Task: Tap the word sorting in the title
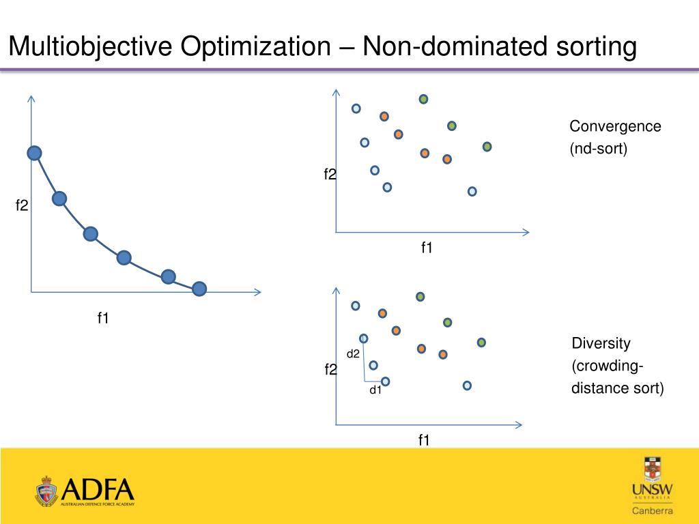pos(592,47)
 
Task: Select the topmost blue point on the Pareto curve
pos(34,154)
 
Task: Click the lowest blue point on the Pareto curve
pos(199,289)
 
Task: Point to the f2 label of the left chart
pos(22,205)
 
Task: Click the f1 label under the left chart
pos(103,317)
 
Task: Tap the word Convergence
pos(615,126)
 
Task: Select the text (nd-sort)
pos(598,148)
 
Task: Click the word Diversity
pos(601,343)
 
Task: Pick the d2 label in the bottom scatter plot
pos(353,353)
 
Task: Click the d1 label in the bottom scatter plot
pos(375,390)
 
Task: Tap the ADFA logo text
pos(98,489)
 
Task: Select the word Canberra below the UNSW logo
pos(652,511)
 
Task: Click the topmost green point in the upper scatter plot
pos(423,99)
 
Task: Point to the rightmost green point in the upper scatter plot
pos(487,147)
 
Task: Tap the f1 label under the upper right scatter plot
pos(427,248)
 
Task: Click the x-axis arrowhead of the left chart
pos(257,293)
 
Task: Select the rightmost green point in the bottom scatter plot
pos(481,342)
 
